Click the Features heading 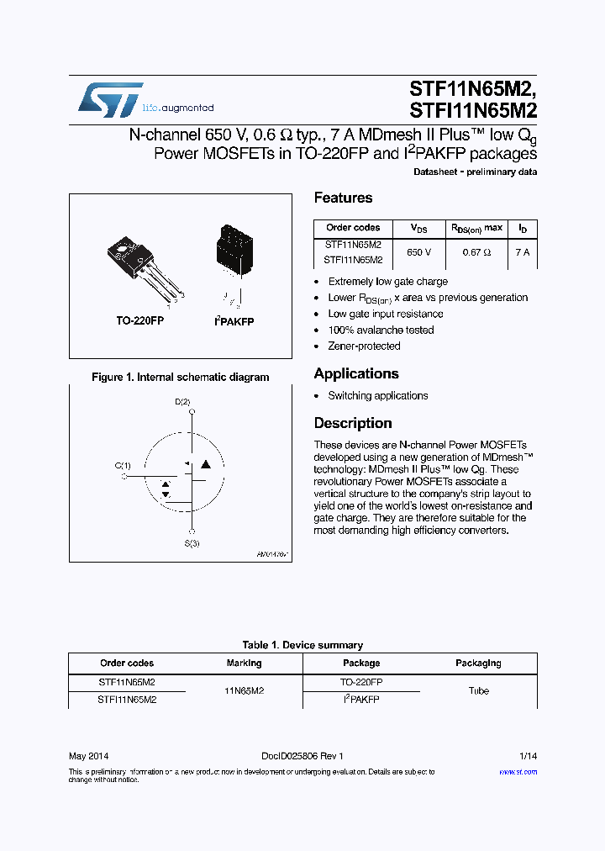343,198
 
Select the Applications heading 355,373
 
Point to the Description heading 353,423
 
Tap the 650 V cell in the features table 418,252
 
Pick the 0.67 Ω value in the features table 477,252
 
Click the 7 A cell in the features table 522,252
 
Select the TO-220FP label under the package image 139,321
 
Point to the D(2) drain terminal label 182,402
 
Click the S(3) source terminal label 192,543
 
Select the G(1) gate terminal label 123,465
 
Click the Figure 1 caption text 180,378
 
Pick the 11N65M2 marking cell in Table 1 244,690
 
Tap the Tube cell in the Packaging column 478,690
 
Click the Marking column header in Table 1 244,663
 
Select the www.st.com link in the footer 518,771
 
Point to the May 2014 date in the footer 88,756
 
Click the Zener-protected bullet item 364,346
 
